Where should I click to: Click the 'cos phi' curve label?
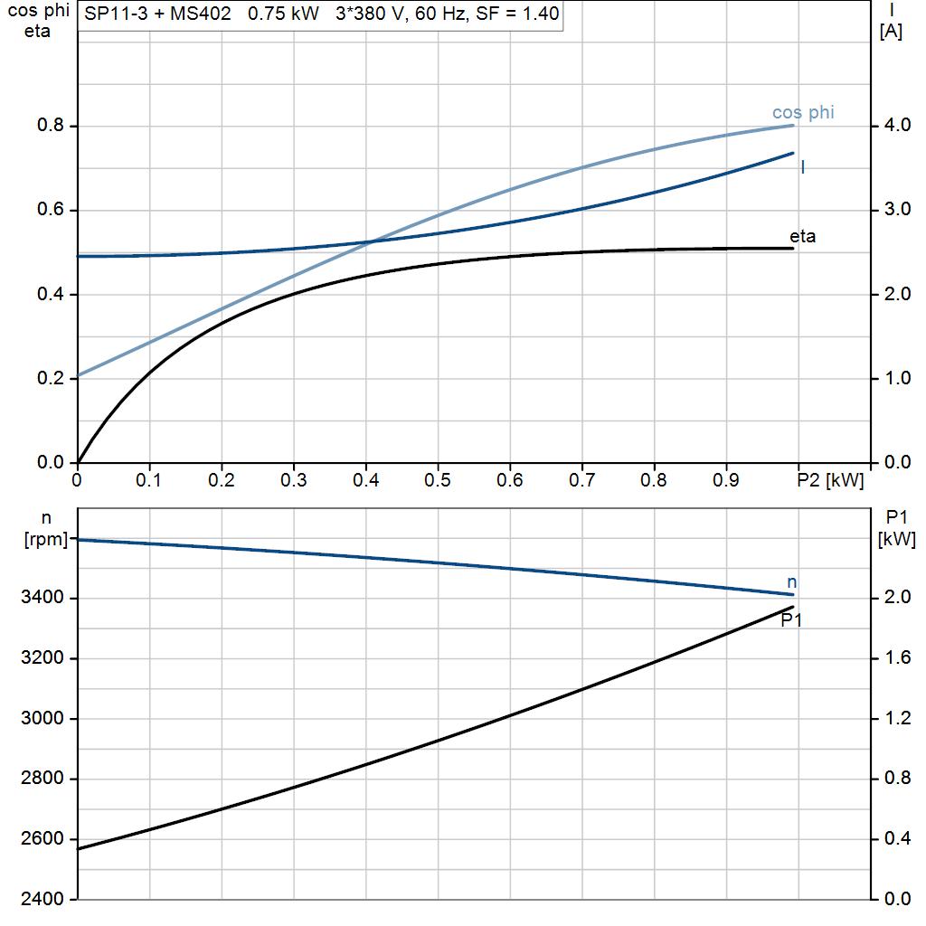[803, 113]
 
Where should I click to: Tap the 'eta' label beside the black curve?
[802, 237]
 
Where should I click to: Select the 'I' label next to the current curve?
[803, 167]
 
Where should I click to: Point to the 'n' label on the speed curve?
[792, 581]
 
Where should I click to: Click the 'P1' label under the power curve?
[792, 620]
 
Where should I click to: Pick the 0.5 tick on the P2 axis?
[438, 480]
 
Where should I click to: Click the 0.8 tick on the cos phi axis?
[52, 126]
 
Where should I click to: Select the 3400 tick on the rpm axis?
[45, 598]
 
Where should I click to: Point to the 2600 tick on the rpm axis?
[45, 839]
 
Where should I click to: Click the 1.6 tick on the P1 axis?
[896, 658]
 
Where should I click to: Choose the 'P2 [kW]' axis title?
[830, 480]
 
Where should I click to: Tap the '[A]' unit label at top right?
[891, 32]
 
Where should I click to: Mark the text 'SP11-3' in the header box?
[113, 14]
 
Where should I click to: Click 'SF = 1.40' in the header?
[517, 14]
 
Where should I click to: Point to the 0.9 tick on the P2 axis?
[726, 480]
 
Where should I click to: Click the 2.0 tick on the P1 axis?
[896, 598]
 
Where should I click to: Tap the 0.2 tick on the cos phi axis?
[52, 379]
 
